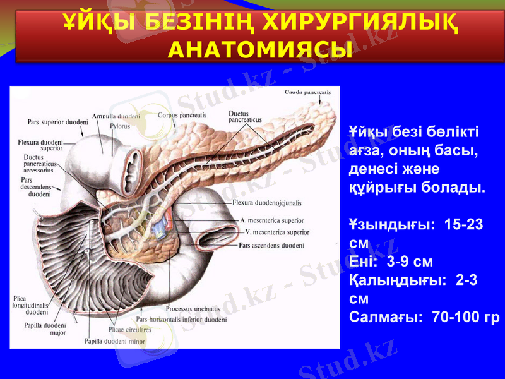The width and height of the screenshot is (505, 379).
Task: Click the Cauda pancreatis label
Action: point(307,92)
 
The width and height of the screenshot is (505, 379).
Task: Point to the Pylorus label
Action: point(119,126)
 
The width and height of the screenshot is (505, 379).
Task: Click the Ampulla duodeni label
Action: point(116,117)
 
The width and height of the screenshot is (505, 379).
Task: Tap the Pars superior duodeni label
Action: point(57,121)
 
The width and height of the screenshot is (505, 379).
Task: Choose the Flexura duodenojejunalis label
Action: point(268,203)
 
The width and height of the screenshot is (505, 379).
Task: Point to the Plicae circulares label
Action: point(129,330)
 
